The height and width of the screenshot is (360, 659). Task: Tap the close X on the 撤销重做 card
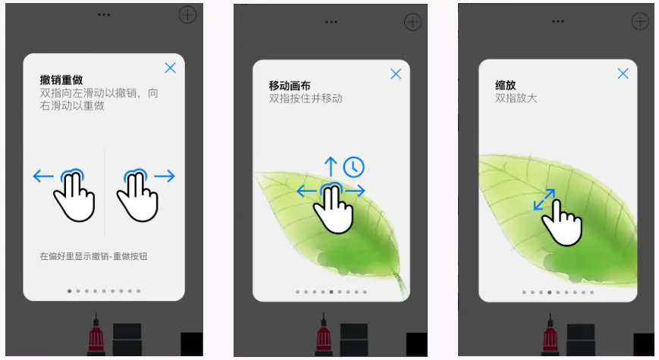pyautogui.click(x=170, y=68)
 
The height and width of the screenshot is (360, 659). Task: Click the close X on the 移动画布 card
pyautogui.click(x=396, y=74)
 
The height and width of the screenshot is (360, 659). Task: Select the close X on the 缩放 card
pyautogui.click(x=623, y=74)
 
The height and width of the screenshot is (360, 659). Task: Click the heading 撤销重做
pyautogui.click(x=61, y=80)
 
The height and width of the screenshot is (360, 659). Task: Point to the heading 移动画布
pyautogui.click(x=290, y=86)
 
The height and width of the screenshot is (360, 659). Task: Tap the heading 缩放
pyautogui.click(x=506, y=86)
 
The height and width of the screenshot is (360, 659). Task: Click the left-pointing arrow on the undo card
pyautogui.click(x=43, y=176)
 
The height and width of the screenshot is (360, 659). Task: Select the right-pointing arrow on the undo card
pyautogui.click(x=165, y=176)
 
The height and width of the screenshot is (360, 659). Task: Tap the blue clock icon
pyautogui.click(x=354, y=167)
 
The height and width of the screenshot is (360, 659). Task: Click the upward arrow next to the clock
pyautogui.click(x=331, y=166)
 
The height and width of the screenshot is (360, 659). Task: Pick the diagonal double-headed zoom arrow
pyautogui.click(x=544, y=199)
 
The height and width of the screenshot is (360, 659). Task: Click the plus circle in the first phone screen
pyautogui.click(x=187, y=15)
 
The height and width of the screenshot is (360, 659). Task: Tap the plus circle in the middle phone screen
pyautogui.click(x=413, y=22)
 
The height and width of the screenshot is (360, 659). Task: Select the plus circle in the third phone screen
pyautogui.click(x=640, y=21)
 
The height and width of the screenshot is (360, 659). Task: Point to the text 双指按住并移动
pyautogui.click(x=306, y=99)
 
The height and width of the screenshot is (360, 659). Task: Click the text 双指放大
pyautogui.click(x=516, y=99)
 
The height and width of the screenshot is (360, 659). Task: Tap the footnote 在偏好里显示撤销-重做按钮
pyautogui.click(x=94, y=256)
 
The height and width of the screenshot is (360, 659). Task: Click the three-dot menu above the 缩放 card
pyautogui.click(x=557, y=21)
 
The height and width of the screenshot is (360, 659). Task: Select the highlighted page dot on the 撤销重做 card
pyautogui.click(x=69, y=291)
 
